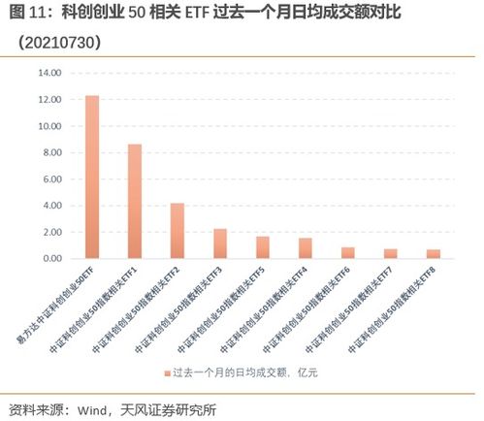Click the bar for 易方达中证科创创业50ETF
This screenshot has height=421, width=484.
tap(92, 177)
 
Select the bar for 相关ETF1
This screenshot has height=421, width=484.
tap(135, 201)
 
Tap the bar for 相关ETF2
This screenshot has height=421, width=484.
tap(177, 231)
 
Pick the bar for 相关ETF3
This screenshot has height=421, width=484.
tap(220, 243)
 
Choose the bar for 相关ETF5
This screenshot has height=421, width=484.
tap(263, 247)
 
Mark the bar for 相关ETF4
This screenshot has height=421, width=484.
tap(306, 248)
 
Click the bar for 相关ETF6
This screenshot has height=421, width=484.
tap(348, 253)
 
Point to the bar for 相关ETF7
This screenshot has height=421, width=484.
tap(391, 254)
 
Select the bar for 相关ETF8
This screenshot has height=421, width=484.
tap(434, 254)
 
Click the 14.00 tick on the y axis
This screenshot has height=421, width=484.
tap(48, 73)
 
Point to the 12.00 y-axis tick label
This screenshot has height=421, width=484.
tap(48, 100)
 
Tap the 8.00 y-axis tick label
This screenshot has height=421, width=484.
tap(50, 153)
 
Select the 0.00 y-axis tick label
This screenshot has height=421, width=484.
tap(50, 259)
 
